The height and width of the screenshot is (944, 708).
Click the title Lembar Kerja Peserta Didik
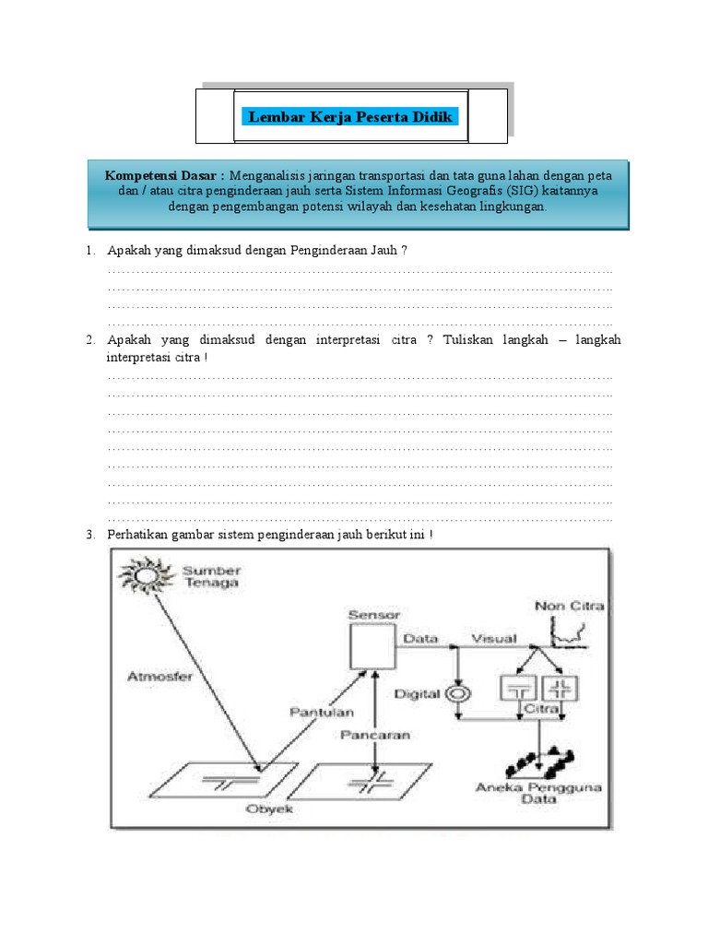[x=350, y=117]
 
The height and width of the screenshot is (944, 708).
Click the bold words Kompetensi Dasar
[x=164, y=175]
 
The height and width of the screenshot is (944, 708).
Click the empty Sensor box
[x=372, y=644]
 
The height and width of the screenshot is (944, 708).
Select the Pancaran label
[x=374, y=736]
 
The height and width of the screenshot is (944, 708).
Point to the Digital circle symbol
[x=455, y=692]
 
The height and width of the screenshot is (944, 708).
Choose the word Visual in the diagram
[x=495, y=638]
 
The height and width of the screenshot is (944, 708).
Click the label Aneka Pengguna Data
[x=525, y=794]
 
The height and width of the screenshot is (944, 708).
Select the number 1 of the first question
[x=90, y=251]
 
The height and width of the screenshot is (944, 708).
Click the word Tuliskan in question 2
[x=470, y=340]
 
